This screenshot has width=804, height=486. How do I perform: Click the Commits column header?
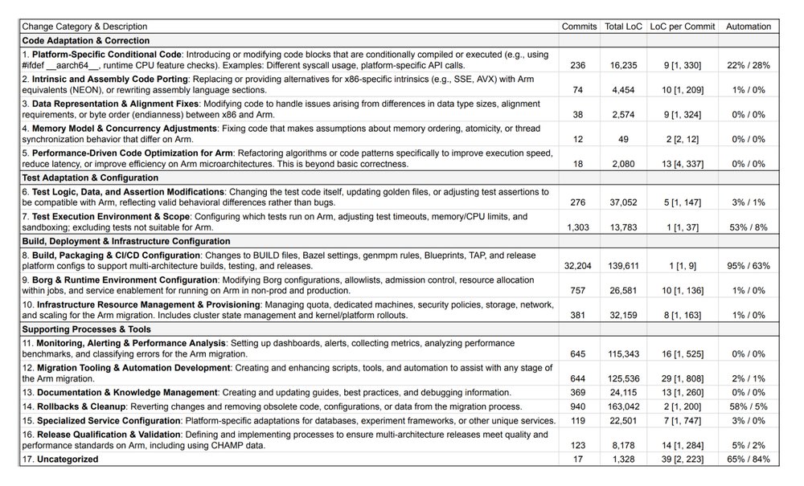pos(580,27)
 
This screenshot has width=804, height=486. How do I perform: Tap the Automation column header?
pos(749,27)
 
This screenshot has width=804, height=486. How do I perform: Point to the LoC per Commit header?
pos(683,27)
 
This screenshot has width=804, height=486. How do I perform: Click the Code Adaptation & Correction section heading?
pos(86,39)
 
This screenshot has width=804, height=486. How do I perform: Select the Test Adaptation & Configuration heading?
pos(90,178)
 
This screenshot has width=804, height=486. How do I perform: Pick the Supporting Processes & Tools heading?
pos(86,329)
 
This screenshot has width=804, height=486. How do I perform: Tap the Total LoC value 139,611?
pos(623,264)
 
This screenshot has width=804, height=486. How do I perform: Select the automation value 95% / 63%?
pos(749,264)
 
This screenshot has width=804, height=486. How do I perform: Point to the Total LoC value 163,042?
pos(623,406)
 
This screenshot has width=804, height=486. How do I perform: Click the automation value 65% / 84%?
pos(749,459)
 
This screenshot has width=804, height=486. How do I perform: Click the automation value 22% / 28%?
pos(749,64)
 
